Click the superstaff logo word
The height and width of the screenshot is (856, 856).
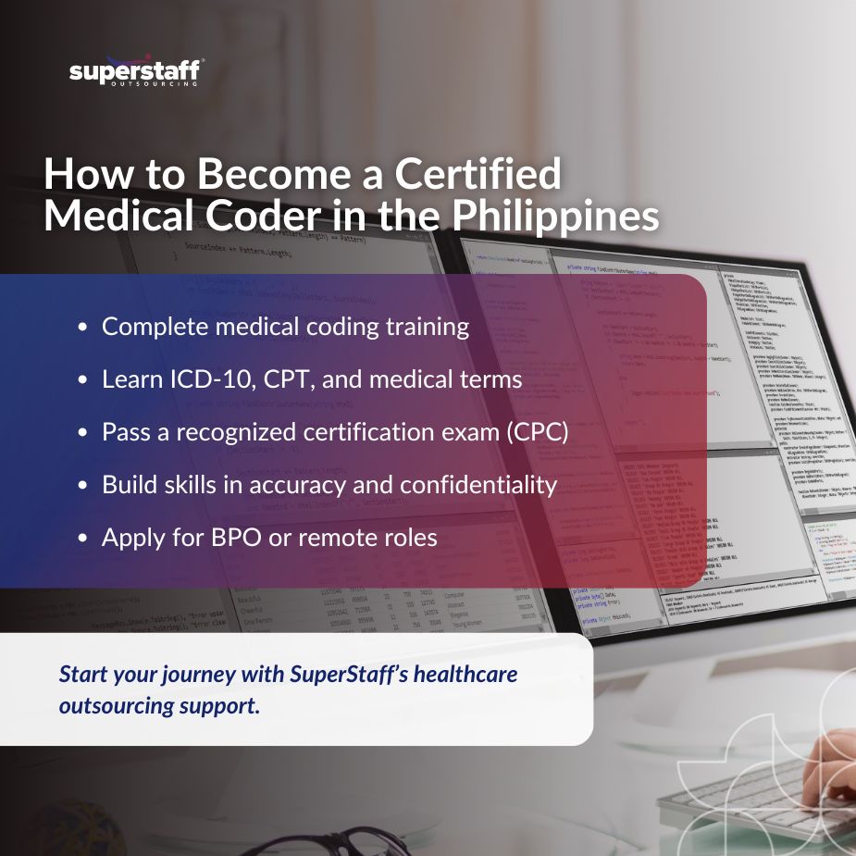(x=135, y=70)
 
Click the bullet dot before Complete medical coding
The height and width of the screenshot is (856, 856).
(x=84, y=328)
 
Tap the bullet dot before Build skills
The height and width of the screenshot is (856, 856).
(x=84, y=486)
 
